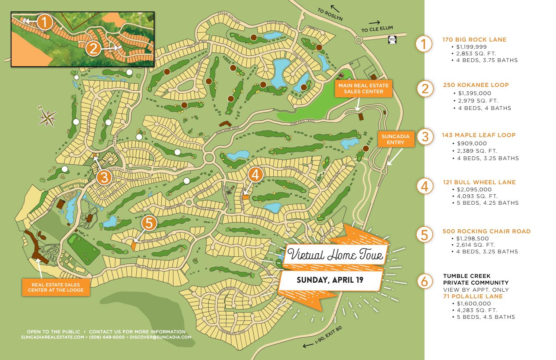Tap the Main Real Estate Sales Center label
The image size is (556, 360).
pyautogui.click(x=363, y=88)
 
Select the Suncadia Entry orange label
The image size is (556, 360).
pyautogui.click(x=396, y=139)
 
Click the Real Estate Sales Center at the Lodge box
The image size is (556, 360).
pyautogui.click(x=56, y=287)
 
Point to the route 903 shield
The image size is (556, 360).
pyautogui.click(x=392, y=39)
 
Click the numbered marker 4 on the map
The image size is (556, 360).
pyautogui.click(x=255, y=175)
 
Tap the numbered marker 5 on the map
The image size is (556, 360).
pyautogui.click(x=149, y=223)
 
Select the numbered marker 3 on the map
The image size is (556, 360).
pyautogui.click(x=104, y=177)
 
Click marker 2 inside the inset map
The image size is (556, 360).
pyautogui.click(x=93, y=48)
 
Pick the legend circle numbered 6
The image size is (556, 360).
pyautogui.click(x=425, y=281)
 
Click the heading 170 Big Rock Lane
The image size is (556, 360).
pyautogui.click(x=474, y=39)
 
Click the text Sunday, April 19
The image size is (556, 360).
pyautogui.click(x=330, y=280)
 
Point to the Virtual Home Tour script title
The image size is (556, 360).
pyautogui.click(x=335, y=255)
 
